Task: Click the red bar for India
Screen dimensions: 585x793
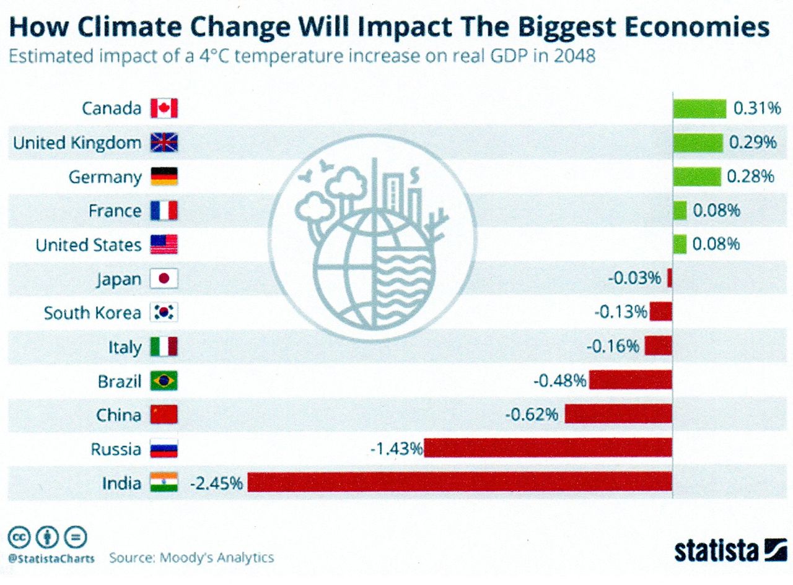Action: click(x=460, y=482)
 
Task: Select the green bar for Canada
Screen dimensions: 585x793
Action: click(x=699, y=108)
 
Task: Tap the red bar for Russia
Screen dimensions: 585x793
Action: click(x=548, y=448)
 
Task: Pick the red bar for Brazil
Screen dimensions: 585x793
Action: click(x=630, y=380)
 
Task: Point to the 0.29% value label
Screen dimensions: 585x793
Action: click(x=752, y=142)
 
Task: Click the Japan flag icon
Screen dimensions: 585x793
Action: click(x=164, y=279)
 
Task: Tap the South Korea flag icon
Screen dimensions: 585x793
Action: click(x=164, y=313)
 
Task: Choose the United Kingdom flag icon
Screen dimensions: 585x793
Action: click(x=164, y=143)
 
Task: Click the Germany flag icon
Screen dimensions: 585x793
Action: click(x=164, y=177)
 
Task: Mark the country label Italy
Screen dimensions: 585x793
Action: click(x=125, y=347)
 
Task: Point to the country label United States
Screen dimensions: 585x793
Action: click(x=89, y=245)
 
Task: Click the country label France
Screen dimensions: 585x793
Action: click(x=115, y=211)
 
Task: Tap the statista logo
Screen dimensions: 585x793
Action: click(x=730, y=550)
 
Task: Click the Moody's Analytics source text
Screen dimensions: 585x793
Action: click(x=217, y=557)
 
